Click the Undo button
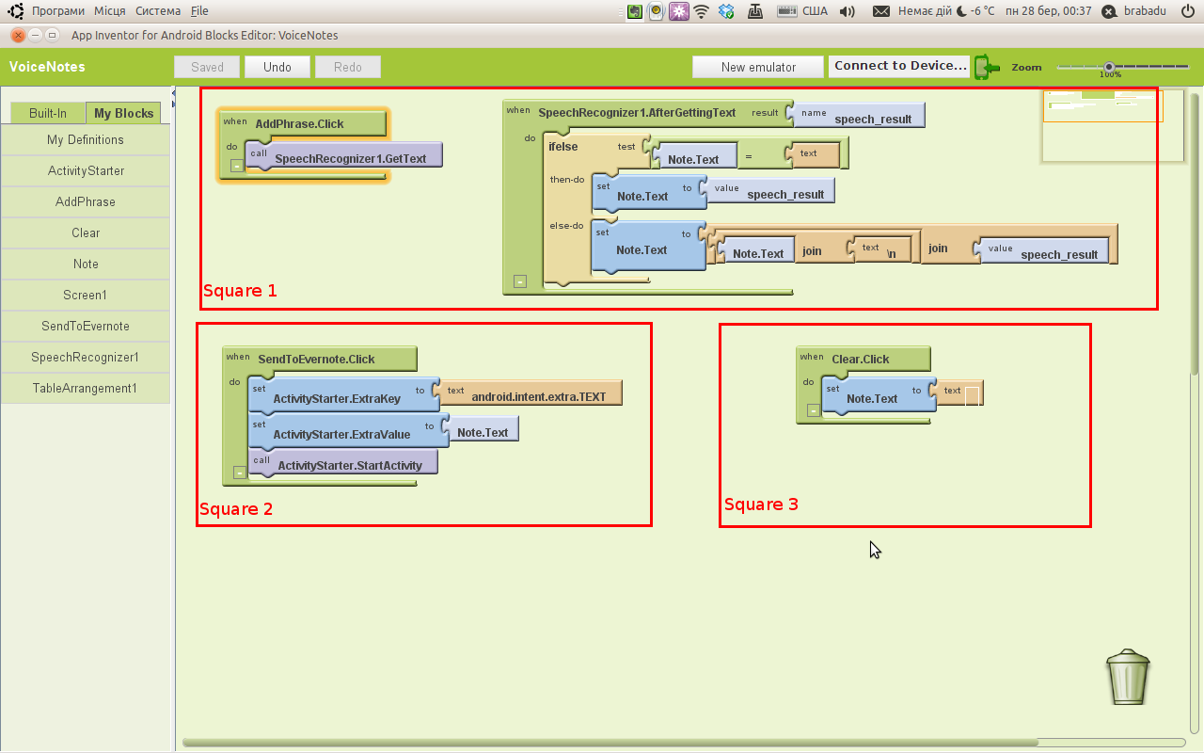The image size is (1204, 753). pos(277,67)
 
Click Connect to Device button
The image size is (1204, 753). pos(900,66)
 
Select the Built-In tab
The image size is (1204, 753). pos(48,113)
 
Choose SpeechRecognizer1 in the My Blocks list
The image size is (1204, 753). pos(85,358)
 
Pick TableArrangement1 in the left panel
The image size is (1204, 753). pos(85,389)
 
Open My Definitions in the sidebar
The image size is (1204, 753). pos(85,140)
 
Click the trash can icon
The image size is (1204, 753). pos(1128,677)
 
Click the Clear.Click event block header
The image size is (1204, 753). pos(862,359)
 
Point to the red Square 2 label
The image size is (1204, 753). pos(236,509)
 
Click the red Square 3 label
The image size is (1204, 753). pos(761,505)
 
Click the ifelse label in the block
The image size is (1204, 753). pos(563,147)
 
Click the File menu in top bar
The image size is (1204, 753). pos(199,11)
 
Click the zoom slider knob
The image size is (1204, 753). pos(1109,67)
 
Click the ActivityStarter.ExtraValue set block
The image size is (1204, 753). pos(341,433)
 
